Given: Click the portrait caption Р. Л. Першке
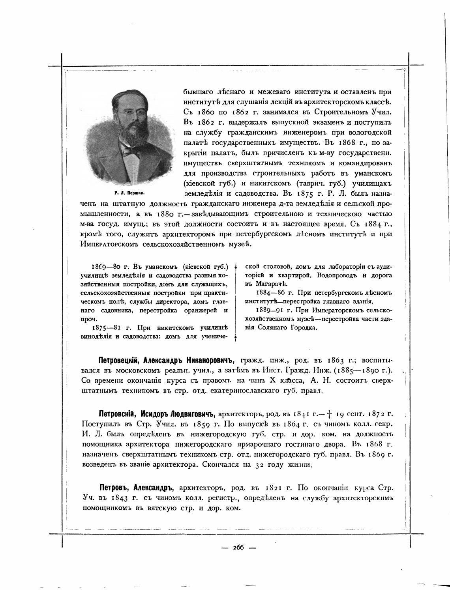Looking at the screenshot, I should point(129,193).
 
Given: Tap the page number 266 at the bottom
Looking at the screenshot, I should point(238,547).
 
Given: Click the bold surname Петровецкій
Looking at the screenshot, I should point(119,360).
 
